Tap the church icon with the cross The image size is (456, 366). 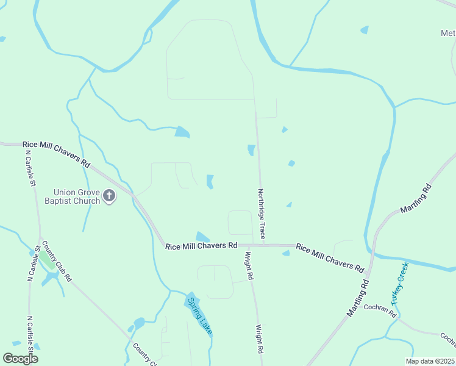[109, 196]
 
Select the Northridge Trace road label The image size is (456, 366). [262, 213]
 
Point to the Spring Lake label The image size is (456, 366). [200, 315]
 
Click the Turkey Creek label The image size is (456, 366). [399, 284]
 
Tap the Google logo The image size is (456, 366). [21, 359]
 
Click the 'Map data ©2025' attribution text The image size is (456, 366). [429, 361]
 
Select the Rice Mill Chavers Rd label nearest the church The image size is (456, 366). [56, 154]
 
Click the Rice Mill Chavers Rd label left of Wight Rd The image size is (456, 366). [201, 245]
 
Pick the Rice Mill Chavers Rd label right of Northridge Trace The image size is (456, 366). [330, 257]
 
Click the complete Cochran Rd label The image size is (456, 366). [380, 310]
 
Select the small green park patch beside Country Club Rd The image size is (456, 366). [46, 262]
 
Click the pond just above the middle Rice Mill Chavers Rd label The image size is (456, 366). [202, 237]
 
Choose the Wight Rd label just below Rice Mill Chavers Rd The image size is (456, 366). [249, 267]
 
